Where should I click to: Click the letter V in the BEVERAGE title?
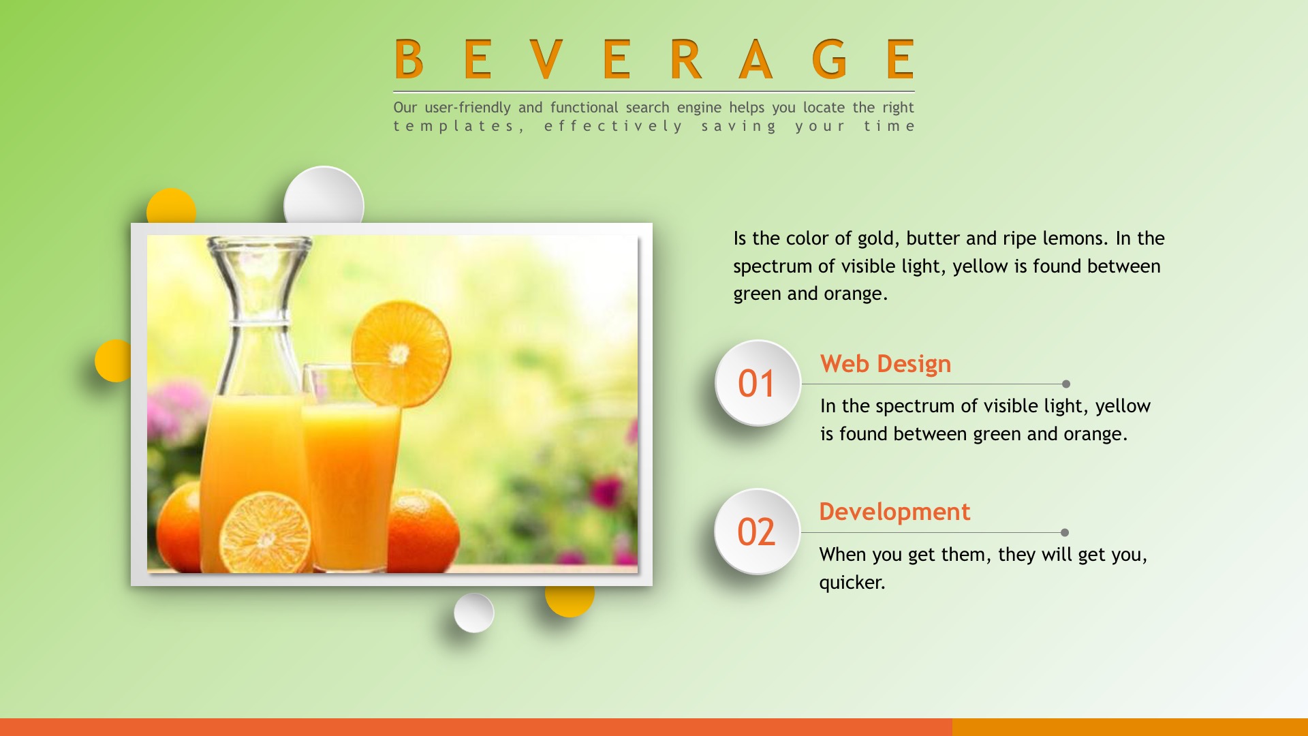click(x=546, y=59)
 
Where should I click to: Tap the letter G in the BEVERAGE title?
click(x=830, y=59)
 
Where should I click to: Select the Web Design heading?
click(x=886, y=364)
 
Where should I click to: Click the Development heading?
click(x=894, y=512)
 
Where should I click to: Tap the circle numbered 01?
click(x=758, y=383)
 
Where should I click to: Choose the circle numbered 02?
click(x=757, y=532)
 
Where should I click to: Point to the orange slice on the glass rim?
click(x=401, y=354)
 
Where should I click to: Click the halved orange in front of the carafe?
click(x=264, y=533)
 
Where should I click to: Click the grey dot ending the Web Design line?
click(x=1066, y=384)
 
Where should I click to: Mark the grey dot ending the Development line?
click(x=1065, y=533)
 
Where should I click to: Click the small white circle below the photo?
click(x=474, y=613)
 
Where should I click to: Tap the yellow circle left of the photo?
click(x=113, y=361)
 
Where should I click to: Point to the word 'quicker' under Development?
click(x=850, y=583)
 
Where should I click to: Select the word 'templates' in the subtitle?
click(x=453, y=126)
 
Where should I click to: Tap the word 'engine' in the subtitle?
click(x=699, y=108)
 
